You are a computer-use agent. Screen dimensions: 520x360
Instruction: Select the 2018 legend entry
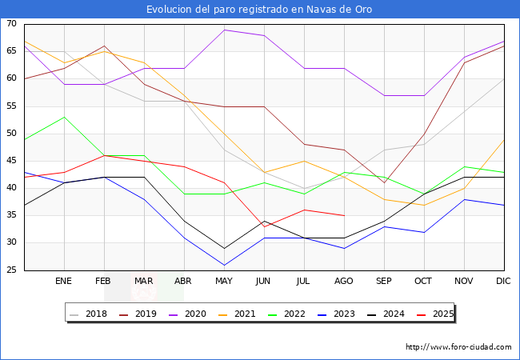(89, 314)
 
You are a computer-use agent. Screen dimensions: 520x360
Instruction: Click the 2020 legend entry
(188, 314)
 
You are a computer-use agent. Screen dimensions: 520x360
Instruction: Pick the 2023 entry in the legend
(337, 314)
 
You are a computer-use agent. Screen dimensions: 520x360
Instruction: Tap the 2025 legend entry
(435, 314)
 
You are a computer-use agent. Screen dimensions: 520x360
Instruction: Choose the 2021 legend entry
(238, 314)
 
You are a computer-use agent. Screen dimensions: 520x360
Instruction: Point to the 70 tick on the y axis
(11, 23)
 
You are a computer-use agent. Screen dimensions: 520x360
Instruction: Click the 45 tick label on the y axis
(11, 161)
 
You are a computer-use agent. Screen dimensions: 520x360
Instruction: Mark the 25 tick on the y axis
(11, 270)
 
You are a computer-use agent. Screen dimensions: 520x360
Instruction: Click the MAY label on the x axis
(224, 281)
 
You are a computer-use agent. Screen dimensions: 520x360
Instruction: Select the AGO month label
(343, 281)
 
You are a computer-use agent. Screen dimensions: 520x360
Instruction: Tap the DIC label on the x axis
(503, 281)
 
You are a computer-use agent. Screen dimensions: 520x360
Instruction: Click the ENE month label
(63, 281)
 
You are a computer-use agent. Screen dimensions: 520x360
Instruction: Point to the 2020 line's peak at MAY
(225, 30)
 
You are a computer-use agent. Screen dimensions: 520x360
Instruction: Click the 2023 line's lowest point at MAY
(225, 265)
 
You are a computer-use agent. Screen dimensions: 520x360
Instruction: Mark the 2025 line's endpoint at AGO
(345, 216)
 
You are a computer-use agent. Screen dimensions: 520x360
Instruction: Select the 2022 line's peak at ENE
(64, 117)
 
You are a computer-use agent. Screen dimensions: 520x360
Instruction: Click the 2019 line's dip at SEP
(384, 182)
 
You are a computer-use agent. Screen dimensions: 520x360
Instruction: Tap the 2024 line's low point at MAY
(225, 248)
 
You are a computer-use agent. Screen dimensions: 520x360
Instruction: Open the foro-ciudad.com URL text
(458, 347)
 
